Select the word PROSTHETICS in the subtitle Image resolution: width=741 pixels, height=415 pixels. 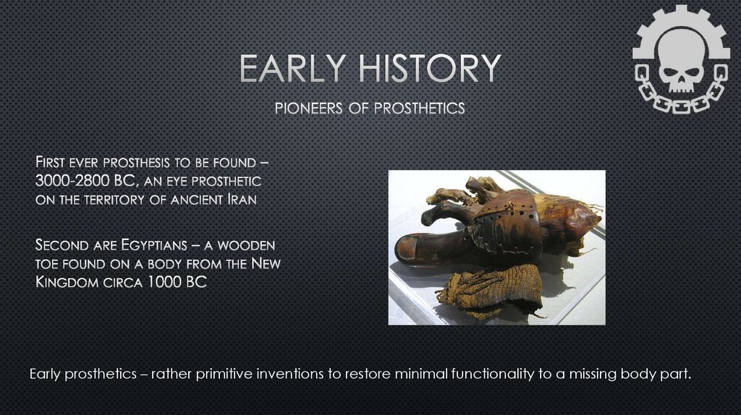(x=419, y=108)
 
